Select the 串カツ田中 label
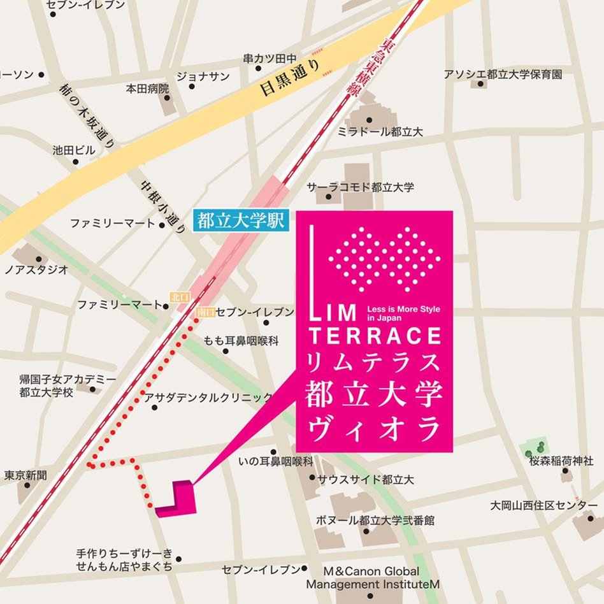click(x=270, y=59)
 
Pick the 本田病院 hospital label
click(x=147, y=88)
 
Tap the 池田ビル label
click(x=74, y=150)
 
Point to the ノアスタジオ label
click(x=36, y=270)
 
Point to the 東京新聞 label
click(x=25, y=475)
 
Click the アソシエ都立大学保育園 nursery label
click(x=503, y=75)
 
